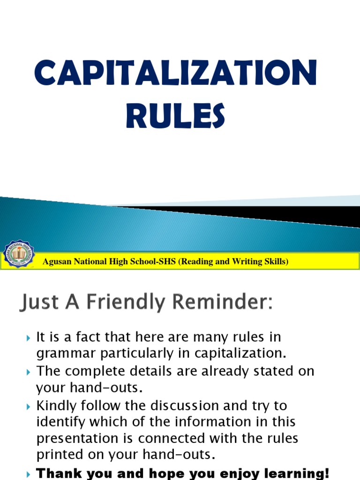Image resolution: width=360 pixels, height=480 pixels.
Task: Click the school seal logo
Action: (19, 255)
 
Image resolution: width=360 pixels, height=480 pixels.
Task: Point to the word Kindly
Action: (55, 405)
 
